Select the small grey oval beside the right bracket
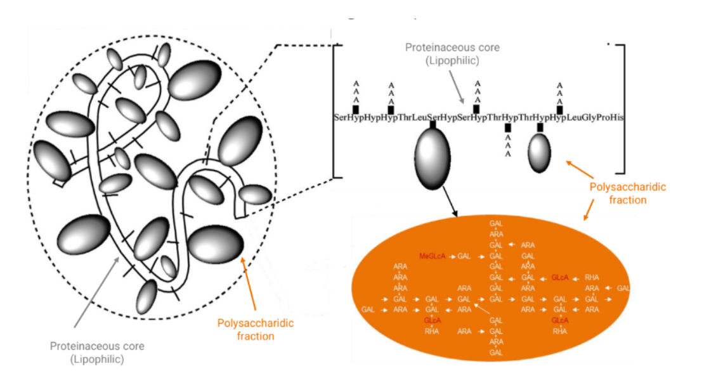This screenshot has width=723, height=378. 540,153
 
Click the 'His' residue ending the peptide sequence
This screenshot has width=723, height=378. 616,118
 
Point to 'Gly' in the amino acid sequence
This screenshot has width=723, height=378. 585,118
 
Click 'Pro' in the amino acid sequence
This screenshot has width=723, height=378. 601,118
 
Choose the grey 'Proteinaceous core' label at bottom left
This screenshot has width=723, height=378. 97,353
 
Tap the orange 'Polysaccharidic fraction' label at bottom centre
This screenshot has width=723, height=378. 256,330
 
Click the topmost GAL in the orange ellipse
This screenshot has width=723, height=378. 496,224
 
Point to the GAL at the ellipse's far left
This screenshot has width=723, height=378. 368,310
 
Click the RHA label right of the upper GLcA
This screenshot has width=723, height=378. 592,277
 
